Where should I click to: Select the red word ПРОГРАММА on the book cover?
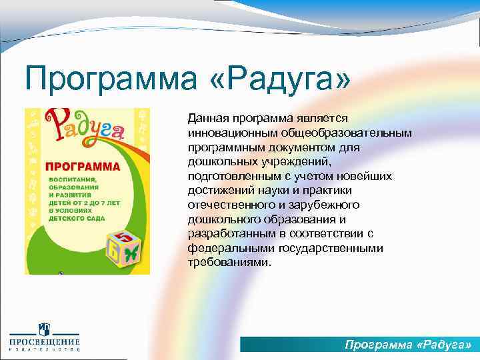click(x=82, y=165)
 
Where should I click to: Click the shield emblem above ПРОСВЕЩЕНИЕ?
click(x=44, y=329)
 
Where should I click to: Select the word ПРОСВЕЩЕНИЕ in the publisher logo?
click(x=44, y=343)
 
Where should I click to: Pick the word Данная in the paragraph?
click(x=207, y=118)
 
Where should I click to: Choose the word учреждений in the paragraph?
click(x=294, y=161)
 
